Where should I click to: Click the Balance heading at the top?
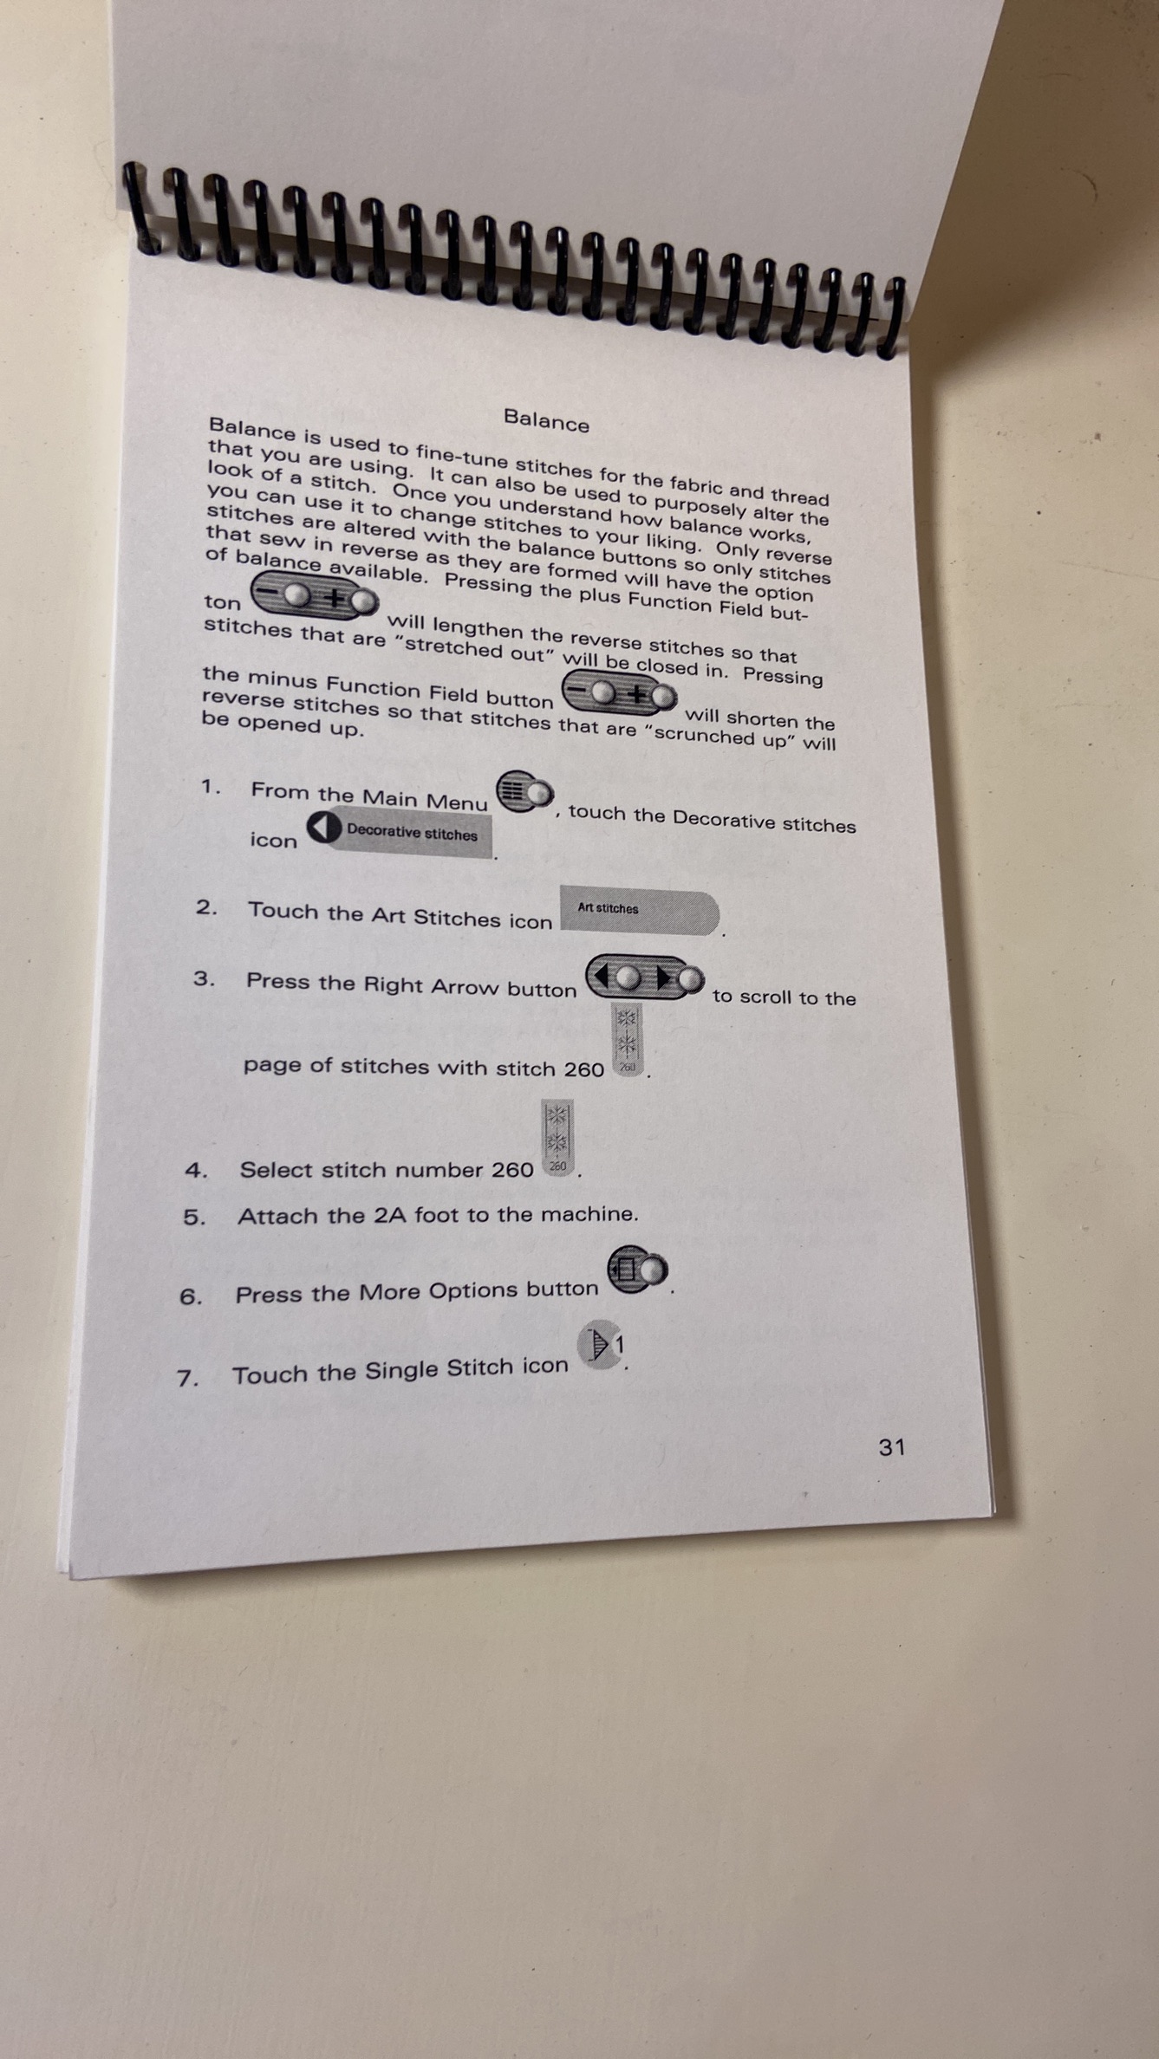click(x=546, y=421)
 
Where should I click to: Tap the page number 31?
click(x=892, y=1447)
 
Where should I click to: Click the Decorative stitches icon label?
click(x=400, y=832)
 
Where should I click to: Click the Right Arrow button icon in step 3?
click(x=645, y=978)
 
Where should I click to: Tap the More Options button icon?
click(x=637, y=1270)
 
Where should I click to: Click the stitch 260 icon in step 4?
click(x=557, y=1137)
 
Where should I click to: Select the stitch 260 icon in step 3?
click(x=627, y=1039)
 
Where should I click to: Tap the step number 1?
click(x=211, y=787)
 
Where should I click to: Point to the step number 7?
click(x=187, y=1378)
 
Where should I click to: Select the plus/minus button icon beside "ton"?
click(x=315, y=595)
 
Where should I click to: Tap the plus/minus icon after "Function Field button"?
click(x=620, y=693)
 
